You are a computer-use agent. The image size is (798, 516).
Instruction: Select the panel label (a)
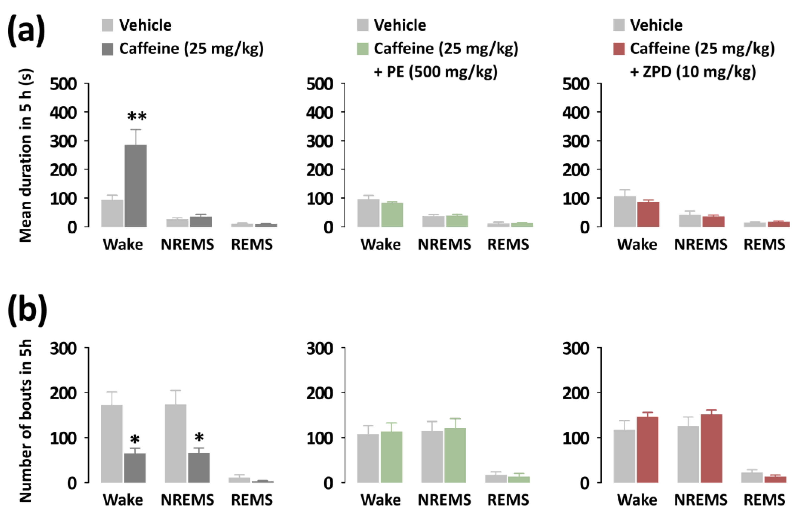pos(26,31)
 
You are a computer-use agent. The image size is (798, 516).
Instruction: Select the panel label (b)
pos(27,310)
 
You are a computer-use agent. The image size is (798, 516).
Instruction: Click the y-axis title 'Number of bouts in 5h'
pos(25,421)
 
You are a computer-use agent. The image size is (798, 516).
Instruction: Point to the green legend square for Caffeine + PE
pos(362,49)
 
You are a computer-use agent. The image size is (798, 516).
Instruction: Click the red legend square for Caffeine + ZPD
pos(619,49)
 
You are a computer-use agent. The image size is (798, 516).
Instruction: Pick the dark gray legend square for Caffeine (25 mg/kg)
pos(107,49)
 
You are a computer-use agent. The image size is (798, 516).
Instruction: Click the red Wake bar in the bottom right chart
pos(648,449)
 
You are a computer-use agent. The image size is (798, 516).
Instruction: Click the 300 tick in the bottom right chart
pos(576,348)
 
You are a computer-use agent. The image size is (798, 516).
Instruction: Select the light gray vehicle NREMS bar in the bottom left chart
pos(176,443)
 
